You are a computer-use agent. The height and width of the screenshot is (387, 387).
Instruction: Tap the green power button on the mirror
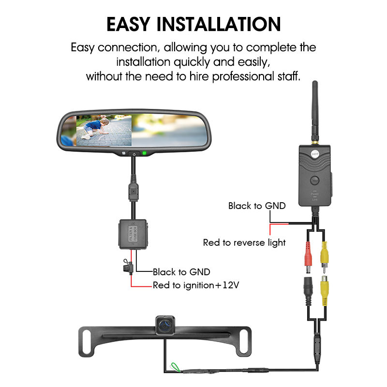[x=144, y=154]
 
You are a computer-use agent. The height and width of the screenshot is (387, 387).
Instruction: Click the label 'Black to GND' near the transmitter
[x=257, y=206]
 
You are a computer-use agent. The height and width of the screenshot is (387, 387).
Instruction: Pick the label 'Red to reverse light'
[x=244, y=242]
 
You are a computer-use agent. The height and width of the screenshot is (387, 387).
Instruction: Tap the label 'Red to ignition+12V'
[x=196, y=285]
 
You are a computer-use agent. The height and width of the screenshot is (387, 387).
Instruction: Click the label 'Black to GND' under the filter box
[x=181, y=272]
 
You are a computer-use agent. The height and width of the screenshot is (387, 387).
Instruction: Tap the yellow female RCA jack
[x=325, y=292]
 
